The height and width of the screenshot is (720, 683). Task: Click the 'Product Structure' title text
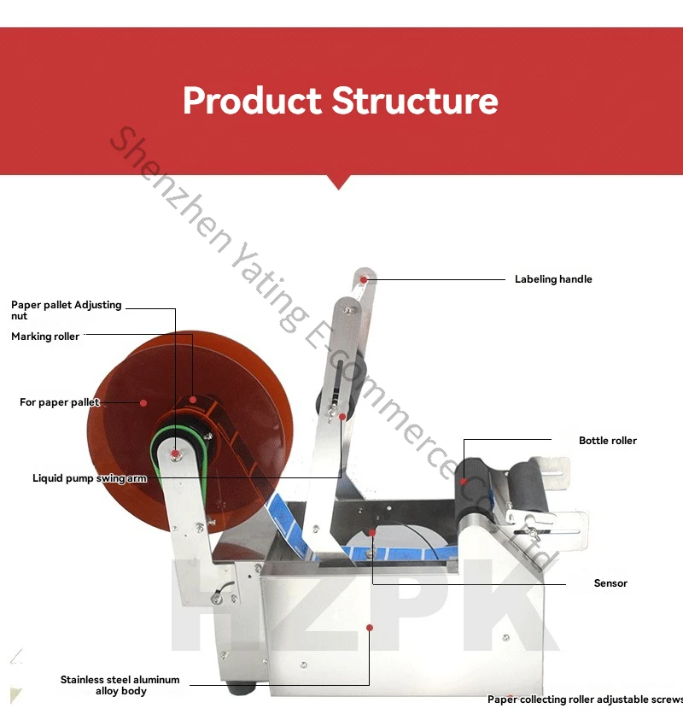point(340,101)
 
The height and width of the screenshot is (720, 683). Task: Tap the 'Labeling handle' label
point(553,279)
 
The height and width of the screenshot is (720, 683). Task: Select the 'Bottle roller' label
point(608,441)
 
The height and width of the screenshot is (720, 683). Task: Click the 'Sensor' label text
point(610,583)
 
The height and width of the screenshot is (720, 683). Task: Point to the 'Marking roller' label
point(45,337)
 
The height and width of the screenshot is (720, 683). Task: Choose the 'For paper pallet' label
point(59,402)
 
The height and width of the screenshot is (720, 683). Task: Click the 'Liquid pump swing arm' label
point(90,478)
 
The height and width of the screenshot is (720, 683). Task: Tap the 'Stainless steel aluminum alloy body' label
point(120,685)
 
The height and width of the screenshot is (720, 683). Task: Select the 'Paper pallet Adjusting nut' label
point(66,310)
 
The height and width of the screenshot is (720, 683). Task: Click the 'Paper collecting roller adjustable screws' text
point(585,700)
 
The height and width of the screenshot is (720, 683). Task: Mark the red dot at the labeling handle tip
point(364,279)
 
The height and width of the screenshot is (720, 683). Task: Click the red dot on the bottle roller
point(464,481)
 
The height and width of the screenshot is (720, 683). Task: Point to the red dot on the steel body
point(370,628)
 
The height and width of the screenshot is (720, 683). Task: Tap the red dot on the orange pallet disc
point(143,403)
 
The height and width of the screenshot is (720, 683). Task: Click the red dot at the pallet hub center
point(175,454)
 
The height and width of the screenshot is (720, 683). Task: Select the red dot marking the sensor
point(372,533)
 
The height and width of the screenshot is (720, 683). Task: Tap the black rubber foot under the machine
point(242,688)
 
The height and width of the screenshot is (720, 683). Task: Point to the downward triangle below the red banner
point(338,182)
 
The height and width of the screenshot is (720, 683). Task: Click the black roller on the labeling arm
point(342,385)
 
